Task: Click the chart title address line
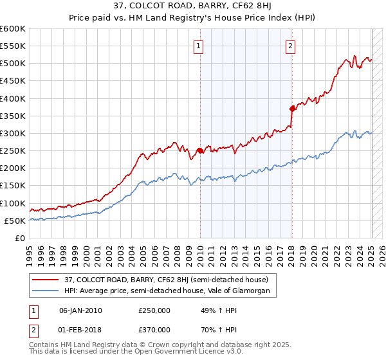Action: tap(192, 8)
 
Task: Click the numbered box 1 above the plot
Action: tap(199, 46)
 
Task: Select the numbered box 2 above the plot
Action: tap(291, 46)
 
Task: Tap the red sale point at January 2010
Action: tap(199, 151)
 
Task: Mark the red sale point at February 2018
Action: tap(291, 109)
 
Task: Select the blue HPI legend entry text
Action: tap(170, 291)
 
